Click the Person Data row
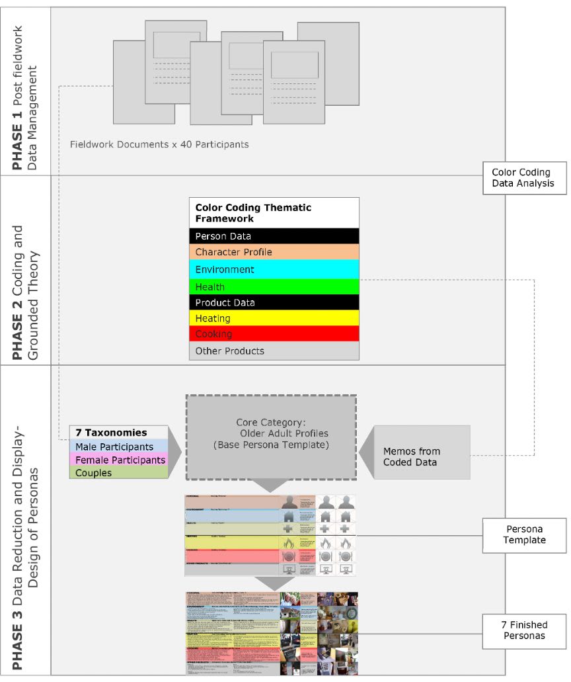click(274, 236)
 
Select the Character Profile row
click(274, 252)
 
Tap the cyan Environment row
click(274, 269)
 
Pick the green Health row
click(274, 286)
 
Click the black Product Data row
click(274, 302)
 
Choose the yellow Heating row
click(274, 318)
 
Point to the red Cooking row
click(274, 334)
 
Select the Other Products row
click(274, 351)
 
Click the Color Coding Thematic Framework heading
click(274, 212)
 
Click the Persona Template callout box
click(525, 534)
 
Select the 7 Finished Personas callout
click(525, 630)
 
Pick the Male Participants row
click(118, 447)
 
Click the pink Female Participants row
click(118, 460)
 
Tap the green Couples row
click(118, 473)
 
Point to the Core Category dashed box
click(271, 437)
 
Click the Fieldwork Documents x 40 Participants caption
click(159, 144)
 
